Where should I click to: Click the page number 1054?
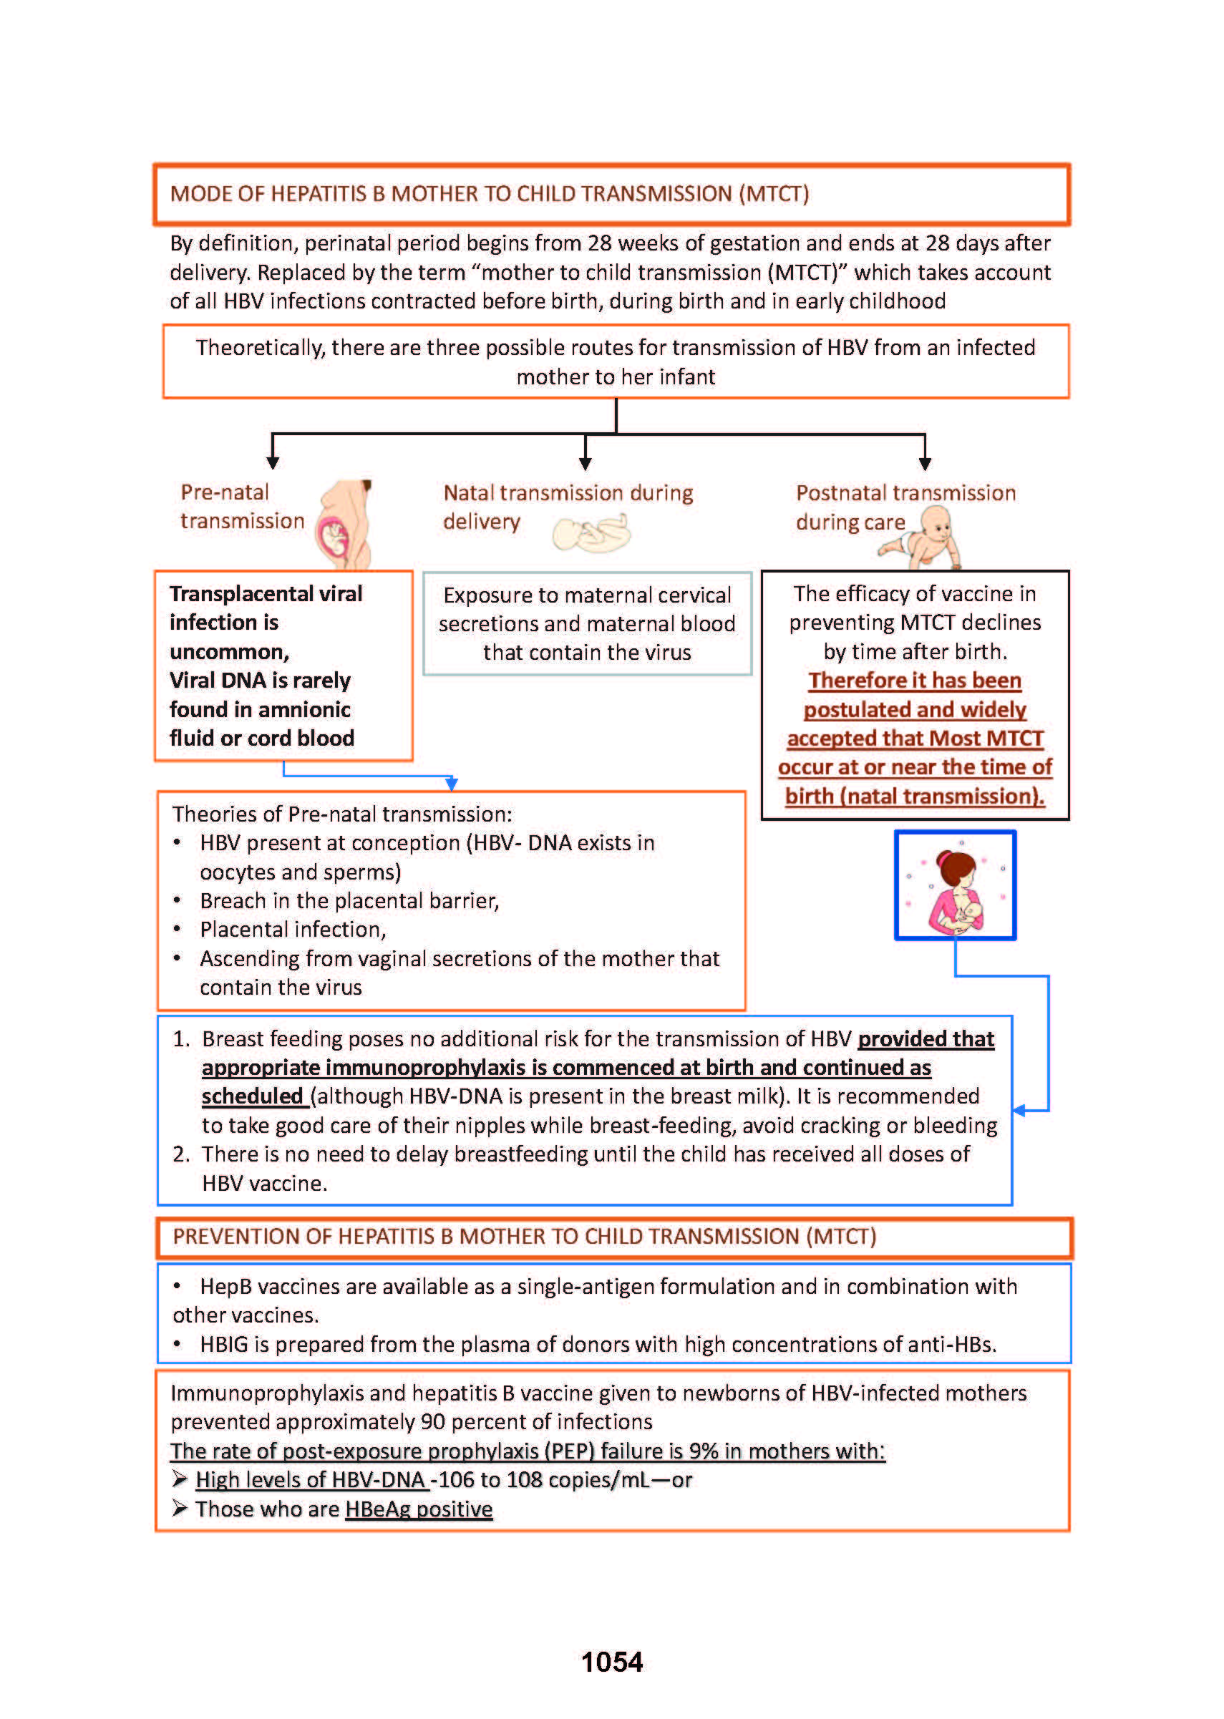(x=611, y=1661)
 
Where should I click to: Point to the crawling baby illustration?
(x=924, y=537)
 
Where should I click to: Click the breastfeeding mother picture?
(x=955, y=885)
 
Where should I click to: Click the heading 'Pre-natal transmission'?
(x=241, y=507)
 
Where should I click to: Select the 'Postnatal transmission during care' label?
(x=905, y=507)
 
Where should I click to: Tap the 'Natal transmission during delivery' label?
(x=567, y=507)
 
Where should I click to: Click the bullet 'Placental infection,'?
(x=293, y=929)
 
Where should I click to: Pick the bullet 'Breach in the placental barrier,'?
(x=349, y=900)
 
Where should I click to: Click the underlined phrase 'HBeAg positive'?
(x=418, y=1509)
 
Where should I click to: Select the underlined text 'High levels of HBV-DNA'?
(x=311, y=1479)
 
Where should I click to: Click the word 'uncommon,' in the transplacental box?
(x=229, y=651)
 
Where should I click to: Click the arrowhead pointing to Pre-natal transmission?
(x=273, y=463)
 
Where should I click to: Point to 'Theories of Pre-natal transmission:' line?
(x=342, y=814)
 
